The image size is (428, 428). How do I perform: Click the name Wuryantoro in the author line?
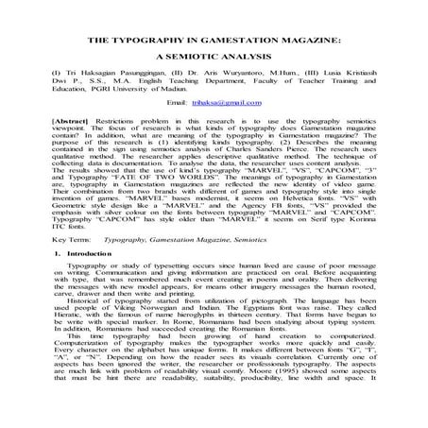(x=248, y=84)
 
